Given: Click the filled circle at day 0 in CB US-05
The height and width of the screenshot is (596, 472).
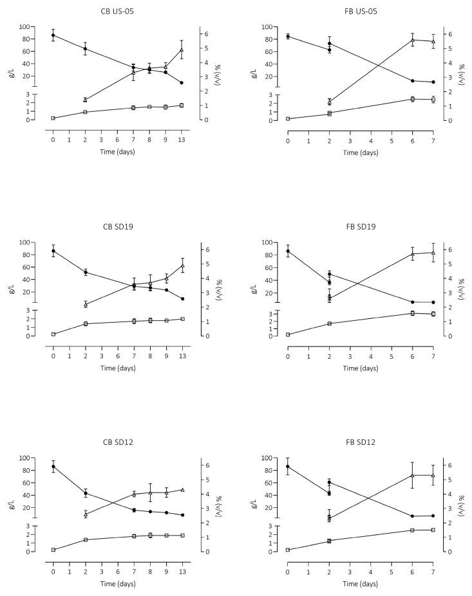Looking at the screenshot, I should point(53,35).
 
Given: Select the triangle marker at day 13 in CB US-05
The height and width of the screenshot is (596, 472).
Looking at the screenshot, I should point(182,50).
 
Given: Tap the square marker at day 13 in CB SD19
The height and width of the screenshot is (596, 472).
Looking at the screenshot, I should point(182,319).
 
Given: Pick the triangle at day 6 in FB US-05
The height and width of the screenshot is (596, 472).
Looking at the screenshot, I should point(412,40).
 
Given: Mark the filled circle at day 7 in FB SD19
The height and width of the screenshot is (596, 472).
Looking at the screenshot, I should point(433,302).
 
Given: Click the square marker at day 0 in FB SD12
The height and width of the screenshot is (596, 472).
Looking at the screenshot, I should point(288,550).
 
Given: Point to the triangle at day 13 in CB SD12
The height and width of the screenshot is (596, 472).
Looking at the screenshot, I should point(182,490).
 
